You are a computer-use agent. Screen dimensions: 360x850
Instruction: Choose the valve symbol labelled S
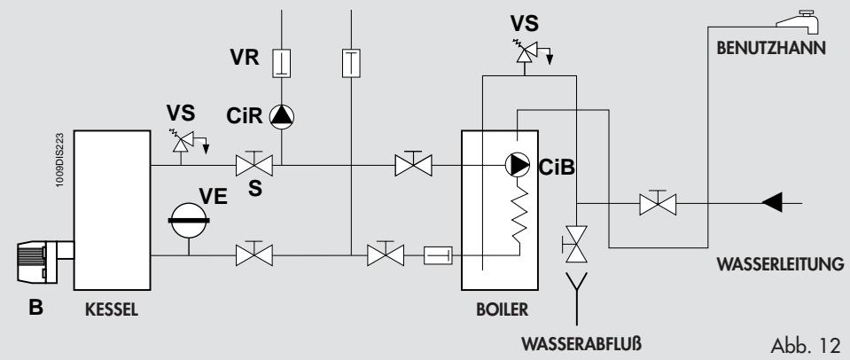click(x=254, y=165)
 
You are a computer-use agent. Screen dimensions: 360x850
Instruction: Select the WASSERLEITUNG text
click(x=777, y=262)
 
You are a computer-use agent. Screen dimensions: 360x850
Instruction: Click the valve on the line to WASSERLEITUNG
click(x=658, y=203)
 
